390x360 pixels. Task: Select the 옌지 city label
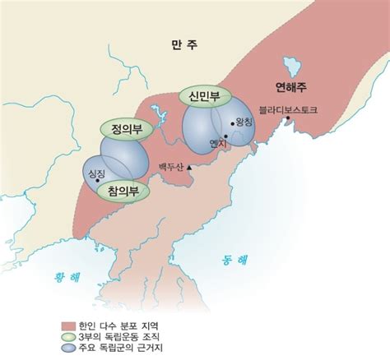(x=219, y=143)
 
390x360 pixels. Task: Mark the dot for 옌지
(x=222, y=133)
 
